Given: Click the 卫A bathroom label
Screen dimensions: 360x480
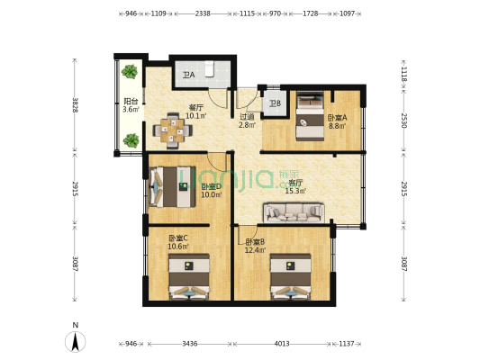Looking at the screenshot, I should [188, 76].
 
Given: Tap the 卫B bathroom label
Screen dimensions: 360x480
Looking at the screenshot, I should [275, 103].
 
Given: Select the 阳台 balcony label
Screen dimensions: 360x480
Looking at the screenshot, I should [131, 102].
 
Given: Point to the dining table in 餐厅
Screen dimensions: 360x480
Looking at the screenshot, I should [172, 130].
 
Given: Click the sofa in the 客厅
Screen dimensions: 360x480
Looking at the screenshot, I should [293, 212].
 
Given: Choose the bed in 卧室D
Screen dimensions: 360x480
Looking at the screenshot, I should [174, 187].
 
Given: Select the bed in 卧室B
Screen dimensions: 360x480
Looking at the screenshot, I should [290, 276].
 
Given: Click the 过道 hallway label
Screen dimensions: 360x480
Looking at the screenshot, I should [247, 116].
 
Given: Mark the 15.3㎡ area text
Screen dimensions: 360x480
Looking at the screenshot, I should [295, 191].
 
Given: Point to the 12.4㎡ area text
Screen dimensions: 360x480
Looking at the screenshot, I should [255, 250].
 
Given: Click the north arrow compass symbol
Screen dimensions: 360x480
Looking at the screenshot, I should [77, 340].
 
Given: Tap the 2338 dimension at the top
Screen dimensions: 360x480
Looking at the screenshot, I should [203, 13].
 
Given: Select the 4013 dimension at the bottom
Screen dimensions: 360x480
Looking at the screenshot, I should [282, 343].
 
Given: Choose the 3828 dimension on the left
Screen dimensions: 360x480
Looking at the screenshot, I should [76, 105].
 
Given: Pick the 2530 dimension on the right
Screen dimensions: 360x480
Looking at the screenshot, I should [404, 121].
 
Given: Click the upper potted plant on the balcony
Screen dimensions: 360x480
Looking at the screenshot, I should [131, 71].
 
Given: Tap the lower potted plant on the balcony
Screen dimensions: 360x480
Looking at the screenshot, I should [131, 139].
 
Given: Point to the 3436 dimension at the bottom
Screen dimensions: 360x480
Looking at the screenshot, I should [189, 343].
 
